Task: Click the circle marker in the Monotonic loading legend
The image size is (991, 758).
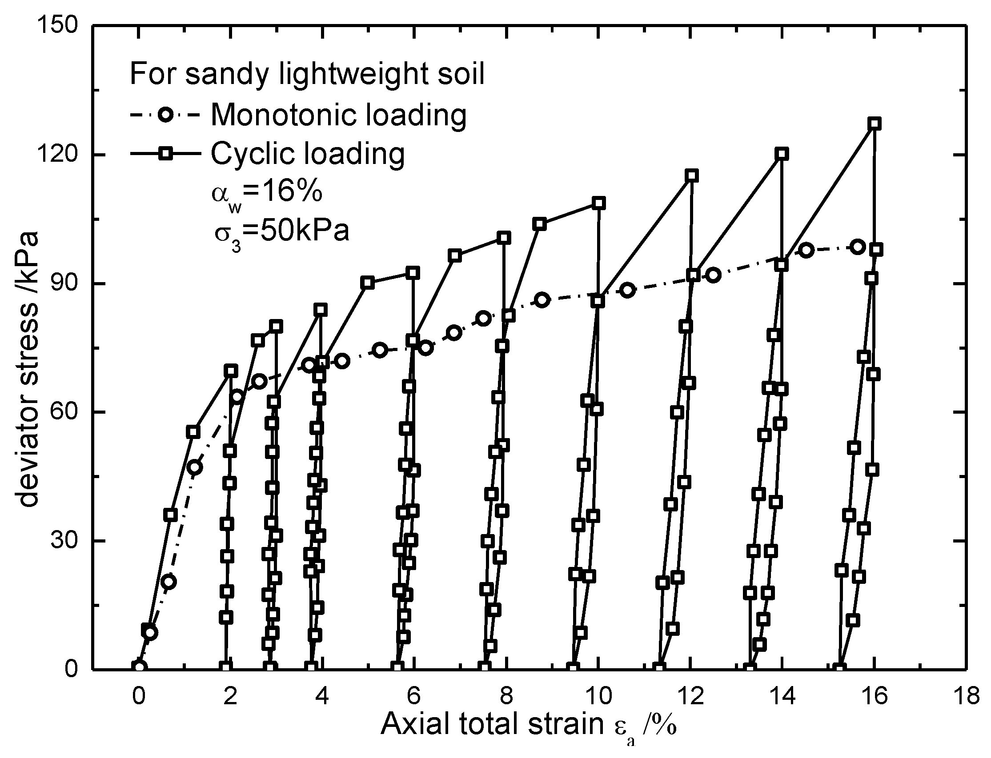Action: click(166, 115)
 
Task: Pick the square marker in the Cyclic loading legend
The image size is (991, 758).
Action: click(166, 154)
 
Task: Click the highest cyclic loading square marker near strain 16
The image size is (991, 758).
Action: click(875, 124)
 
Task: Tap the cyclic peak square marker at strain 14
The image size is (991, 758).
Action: click(782, 154)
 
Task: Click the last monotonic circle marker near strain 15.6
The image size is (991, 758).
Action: click(858, 247)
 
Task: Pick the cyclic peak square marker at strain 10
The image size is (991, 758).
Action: click(599, 203)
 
